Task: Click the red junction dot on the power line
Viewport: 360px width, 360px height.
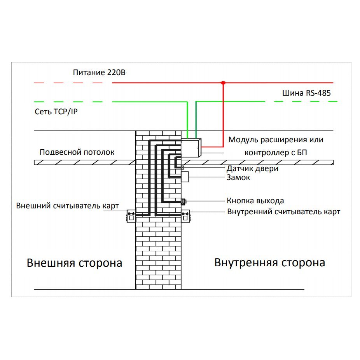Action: coord(223,83)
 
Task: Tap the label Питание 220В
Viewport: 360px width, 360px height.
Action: coord(99,73)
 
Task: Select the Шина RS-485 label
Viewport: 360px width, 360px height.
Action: coord(306,93)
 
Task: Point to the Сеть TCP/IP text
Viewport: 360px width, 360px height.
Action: coord(56,112)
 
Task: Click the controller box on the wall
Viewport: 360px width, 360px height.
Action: coord(191,148)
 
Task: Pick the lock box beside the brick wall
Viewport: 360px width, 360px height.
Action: coord(185,177)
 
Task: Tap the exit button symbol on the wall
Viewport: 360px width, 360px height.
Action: coord(183,202)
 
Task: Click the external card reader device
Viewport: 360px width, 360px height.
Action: coord(131,216)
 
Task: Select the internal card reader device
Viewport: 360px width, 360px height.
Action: coord(185,216)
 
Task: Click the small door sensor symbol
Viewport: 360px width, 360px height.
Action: coord(183,168)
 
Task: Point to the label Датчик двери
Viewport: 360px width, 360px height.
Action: coord(252,168)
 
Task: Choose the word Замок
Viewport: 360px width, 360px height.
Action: coord(238,178)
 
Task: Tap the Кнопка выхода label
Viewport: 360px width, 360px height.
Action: coord(255,201)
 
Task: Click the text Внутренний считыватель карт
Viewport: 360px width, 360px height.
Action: coord(283,211)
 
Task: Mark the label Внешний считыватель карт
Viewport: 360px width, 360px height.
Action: coord(67,206)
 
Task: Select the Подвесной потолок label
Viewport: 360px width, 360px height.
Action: coord(77,152)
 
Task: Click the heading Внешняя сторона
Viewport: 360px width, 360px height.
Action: coord(74,263)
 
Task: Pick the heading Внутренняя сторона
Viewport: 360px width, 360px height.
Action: coord(269,263)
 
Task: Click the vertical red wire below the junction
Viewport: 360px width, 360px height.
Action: coord(223,115)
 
